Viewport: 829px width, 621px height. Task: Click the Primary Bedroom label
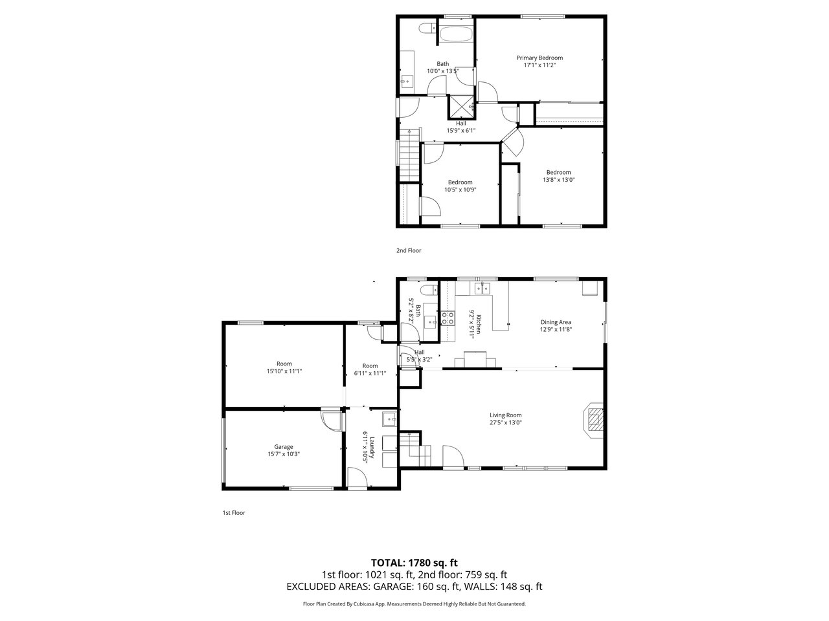pyautogui.click(x=539, y=58)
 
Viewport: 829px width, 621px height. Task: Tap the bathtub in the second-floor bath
pyautogui.click(x=456, y=34)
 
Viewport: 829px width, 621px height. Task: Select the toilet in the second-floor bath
pyautogui.click(x=427, y=29)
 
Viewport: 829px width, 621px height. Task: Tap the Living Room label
pyautogui.click(x=505, y=415)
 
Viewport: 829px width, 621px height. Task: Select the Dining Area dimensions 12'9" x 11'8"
pyautogui.click(x=556, y=329)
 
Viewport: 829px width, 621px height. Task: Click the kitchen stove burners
pyautogui.click(x=448, y=318)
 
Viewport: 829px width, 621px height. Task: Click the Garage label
pyautogui.click(x=284, y=447)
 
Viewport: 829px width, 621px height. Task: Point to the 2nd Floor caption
pyautogui.click(x=409, y=250)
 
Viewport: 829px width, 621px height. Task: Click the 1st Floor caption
pyautogui.click(x=234, y=513)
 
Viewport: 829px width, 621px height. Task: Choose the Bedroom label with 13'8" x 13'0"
pyautogui.click(x=558, y=176)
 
